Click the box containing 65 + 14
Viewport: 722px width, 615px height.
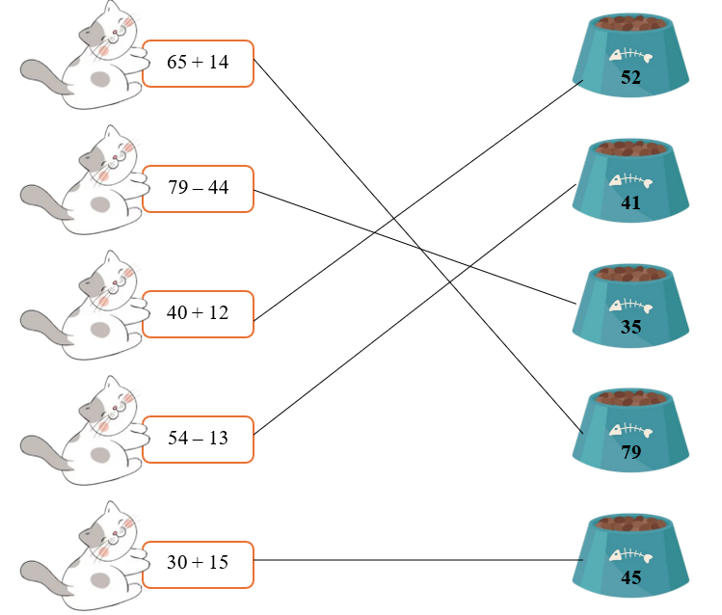click(198, 63)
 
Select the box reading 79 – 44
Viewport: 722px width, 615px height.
click(198, 188)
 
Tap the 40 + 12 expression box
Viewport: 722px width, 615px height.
click(198, 313)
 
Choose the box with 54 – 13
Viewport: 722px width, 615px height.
click(198, 439)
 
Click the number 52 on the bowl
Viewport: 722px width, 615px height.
click(630, 78)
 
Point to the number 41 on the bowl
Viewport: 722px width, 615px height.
click(630, 202)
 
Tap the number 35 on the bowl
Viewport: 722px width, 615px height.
click(630, 328)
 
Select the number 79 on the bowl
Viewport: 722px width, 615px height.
click(630, 452)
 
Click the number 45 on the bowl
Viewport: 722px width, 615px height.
click(630, 578)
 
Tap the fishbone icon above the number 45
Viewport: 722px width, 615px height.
click(630, 556)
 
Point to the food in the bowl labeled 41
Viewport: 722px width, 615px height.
click(630, 148)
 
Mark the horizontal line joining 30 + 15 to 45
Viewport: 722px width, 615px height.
click(414, 559)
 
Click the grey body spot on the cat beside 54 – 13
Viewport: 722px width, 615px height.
click(100, 455)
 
